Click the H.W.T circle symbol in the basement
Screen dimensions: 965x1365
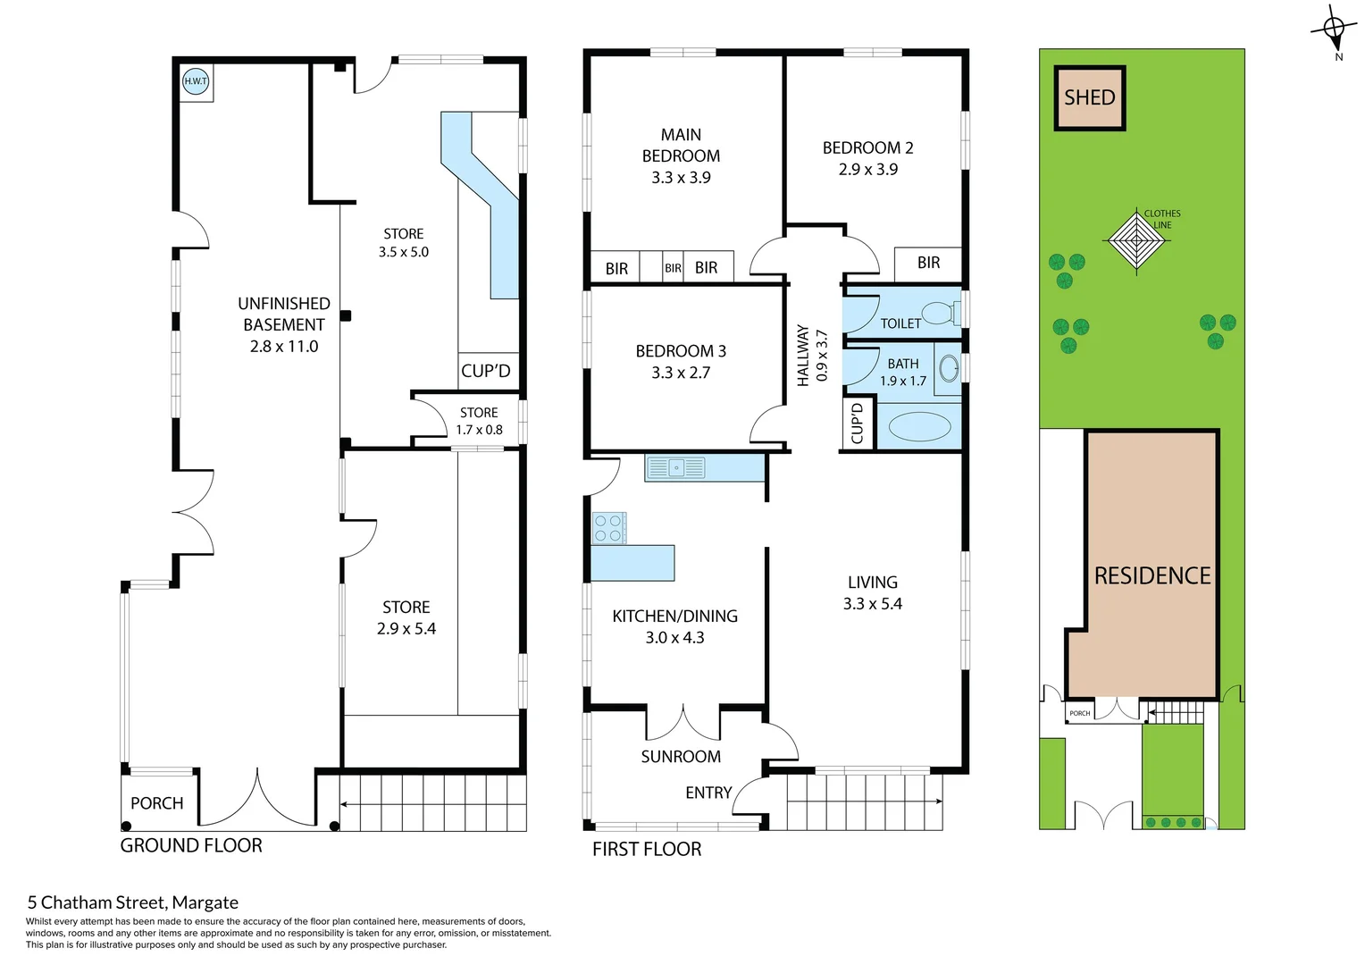pyautogui.click(x=196, y=81)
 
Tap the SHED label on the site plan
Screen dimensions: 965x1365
pyautogui.click(x=1089, y=97)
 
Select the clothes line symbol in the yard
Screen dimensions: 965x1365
pyautogui.click(x=1135, y=240)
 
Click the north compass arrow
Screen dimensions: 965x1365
pyautogui.click(x=1334, y=30)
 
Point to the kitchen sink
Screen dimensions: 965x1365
pyautogui.click(x=675, y=467)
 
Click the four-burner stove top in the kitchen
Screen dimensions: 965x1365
pyautogui.click(x=609, y=528)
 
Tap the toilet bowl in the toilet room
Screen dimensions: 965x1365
pyautogui.click(x=938, y=313)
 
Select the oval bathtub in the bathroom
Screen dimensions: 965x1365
pyautogui.click(x=919, y=426)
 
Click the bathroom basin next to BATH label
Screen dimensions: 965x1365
pyautogui.click(x=949, y=367)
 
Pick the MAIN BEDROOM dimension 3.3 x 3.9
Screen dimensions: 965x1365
pyautogui.click(x=681, y=178)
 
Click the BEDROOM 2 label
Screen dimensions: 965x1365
pyautogui.click(x=867, y=148)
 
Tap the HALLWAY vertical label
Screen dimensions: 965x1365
pyautogui.click(x=802, y=356)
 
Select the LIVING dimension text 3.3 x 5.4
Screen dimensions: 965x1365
pyautogui.click(x=872, y=604)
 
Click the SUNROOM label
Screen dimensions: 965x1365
pyautogui.click(x=681, y=757)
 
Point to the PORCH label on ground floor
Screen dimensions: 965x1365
pyautogui.click(x=156, y=803)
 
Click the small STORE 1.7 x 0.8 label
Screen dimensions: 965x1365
pyautogui.click(x=479, y=421)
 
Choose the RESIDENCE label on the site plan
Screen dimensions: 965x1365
pyautogui.click(x=1152, y=575)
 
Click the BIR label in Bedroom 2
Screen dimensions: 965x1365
pyautogui.click(x=928, y=263)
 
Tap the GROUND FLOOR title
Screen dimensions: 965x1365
pyautogui.click(x=191, y=845)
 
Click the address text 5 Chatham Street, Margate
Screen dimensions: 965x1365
pyautogui.click(x=133, y=902)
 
